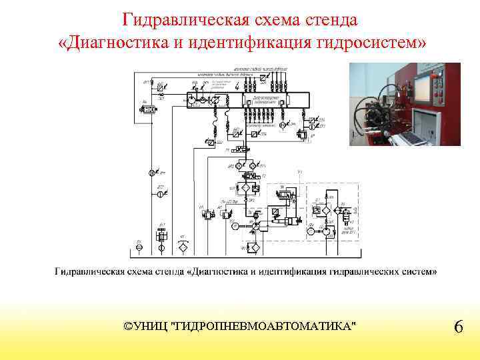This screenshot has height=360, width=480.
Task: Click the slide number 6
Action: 458,327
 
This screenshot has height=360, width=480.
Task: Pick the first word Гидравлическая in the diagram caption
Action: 87,271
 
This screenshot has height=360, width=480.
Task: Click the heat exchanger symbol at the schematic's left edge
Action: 150,108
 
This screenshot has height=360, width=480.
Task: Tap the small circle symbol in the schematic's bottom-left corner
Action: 139,247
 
